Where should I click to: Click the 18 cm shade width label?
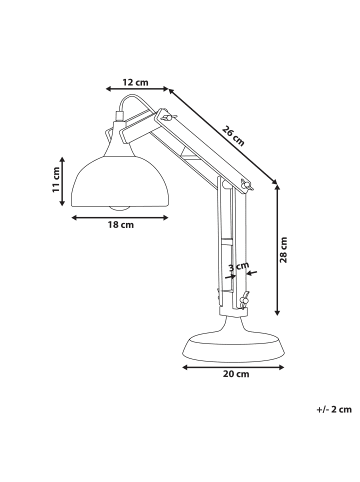[120, 226]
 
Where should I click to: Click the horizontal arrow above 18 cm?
[120, 216]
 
